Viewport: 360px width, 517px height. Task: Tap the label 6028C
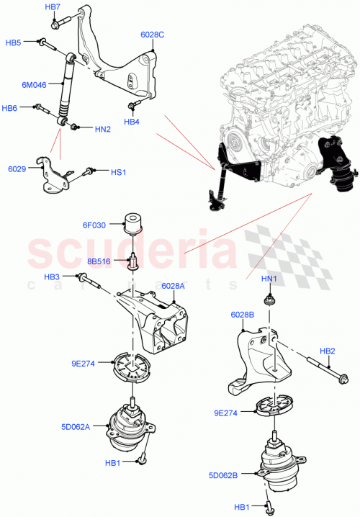[152, 34]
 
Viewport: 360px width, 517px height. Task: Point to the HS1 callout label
[117, 172]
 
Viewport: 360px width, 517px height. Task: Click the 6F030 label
[94, 225]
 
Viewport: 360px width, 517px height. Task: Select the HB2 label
[328, 351]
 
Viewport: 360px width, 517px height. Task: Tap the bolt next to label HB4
[133, 107]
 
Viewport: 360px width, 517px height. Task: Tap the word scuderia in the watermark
[130, 253]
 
